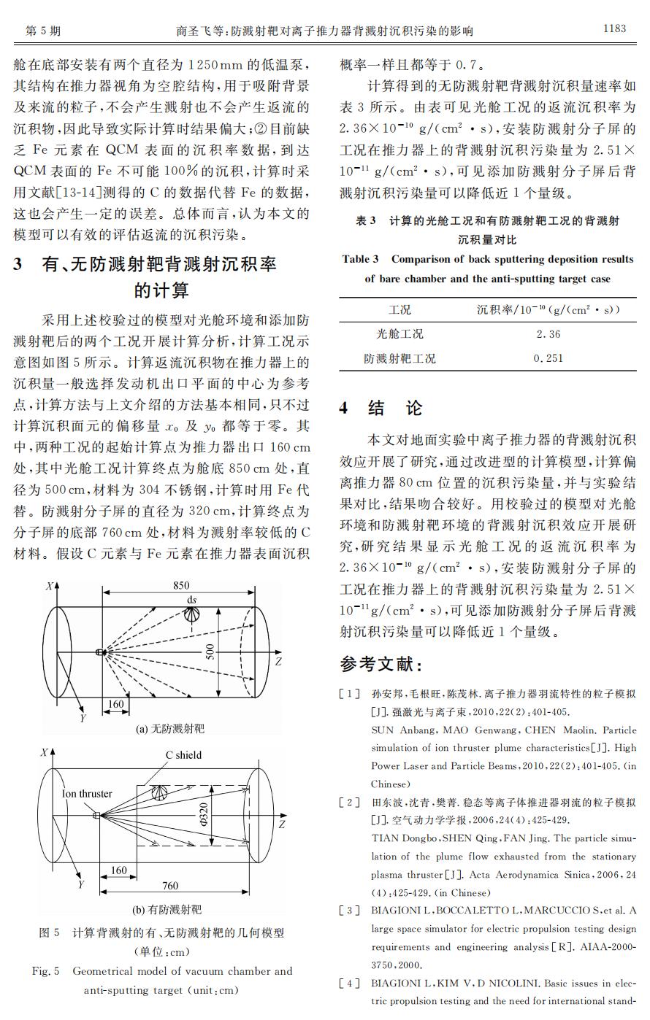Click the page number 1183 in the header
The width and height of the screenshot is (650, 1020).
613,29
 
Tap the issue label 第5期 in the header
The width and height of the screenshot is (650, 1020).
42,31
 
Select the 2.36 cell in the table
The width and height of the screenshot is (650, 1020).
548,334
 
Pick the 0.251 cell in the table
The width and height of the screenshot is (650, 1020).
548,358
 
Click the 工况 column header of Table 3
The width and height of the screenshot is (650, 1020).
399,309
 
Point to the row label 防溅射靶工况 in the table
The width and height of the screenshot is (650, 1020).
399,358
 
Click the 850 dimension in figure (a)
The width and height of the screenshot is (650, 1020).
180,585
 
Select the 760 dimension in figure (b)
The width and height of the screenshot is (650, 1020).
169,885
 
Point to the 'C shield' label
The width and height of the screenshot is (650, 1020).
183,755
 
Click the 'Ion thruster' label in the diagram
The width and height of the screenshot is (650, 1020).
87,794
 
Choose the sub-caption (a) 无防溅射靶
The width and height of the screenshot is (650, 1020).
170,728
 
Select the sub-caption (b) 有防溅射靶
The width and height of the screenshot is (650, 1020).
167,909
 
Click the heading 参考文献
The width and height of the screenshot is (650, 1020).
381,664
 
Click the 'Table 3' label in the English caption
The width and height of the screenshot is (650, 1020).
361,259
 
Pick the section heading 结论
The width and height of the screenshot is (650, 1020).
395,408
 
